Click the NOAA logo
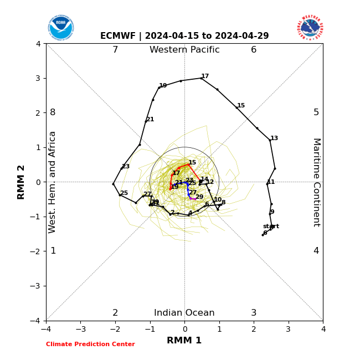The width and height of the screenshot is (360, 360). point(60,27)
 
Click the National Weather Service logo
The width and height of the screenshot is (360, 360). point(310,27)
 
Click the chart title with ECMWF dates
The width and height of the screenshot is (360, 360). point(184,36)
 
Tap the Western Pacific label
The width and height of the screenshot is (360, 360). point(184,50)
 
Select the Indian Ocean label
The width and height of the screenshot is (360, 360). point(184,313)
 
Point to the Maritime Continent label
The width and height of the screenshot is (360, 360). point(316,182)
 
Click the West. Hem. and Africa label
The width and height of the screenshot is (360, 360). point(53,182)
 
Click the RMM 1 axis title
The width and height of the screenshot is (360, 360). point(184,341)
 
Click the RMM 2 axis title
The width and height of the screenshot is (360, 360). point(21,182)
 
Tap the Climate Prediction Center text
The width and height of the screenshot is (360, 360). point(90,344)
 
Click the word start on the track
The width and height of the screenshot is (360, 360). point(271,227)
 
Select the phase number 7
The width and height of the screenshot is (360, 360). point(115,50)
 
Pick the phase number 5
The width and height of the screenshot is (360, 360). point(316,112)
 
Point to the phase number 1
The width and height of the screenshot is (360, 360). point(53,251)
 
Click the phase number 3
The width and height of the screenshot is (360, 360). point(254,313)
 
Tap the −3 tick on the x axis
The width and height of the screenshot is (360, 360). point(80,329)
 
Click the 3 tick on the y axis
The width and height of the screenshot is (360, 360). point(38,78)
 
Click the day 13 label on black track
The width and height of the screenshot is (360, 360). point(274,138)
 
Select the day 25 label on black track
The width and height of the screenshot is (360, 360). point(124,193)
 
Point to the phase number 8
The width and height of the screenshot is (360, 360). point(53,112)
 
